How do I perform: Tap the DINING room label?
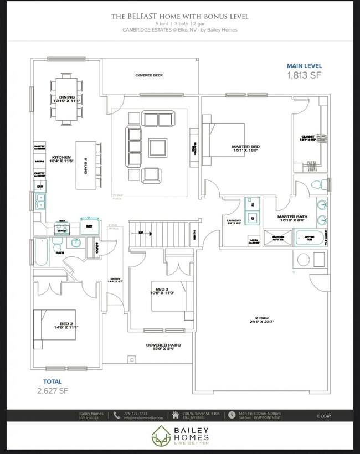[x=67, y=99]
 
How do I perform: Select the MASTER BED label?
[x=245, y=148]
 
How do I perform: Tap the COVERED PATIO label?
[x=163, y=347]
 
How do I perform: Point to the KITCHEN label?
[x=60, y=159]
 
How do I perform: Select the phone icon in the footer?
[x=117, y=415]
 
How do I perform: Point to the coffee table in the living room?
[x=157, y=148]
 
